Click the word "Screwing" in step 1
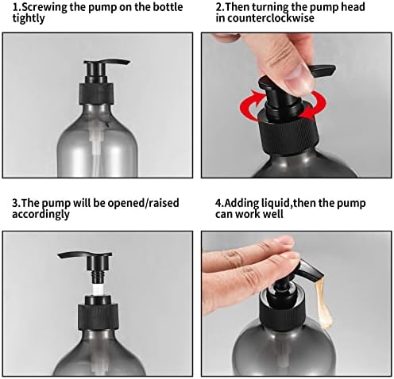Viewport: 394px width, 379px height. click(x=44, y=7)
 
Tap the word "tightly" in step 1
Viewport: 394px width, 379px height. click(x=29, y=19)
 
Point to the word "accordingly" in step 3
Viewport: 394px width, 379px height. click(x=41, y=214)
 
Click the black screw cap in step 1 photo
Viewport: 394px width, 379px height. click(x=97, y=94)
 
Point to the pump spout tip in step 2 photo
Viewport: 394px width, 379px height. click(x=331, y=70)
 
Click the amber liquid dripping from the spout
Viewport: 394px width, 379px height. click(x=323, y=303)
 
